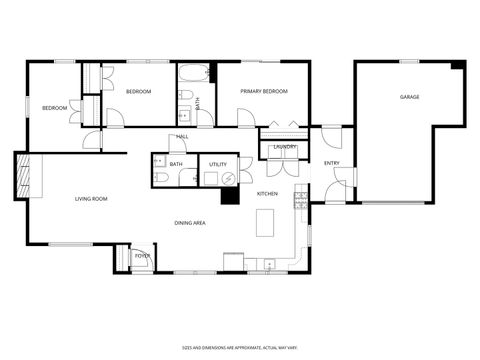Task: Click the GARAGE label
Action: click(409, 97)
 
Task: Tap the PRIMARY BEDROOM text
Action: click(263, 91)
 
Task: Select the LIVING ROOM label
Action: click(91, 199)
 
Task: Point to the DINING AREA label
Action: click(190, 223)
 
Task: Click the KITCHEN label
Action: click(267, 193)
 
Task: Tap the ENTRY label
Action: click(331, 163)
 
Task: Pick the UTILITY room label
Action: click(217, 164)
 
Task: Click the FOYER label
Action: click(142, 256)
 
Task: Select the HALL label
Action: click(183, 136)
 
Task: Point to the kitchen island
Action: click(265, 222)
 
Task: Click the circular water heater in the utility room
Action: click(230, 178)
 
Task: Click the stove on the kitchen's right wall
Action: click(298, 197)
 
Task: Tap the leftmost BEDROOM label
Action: click(54, 107)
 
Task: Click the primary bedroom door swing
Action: click(243, 119)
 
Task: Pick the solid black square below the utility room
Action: click(229, 197)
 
